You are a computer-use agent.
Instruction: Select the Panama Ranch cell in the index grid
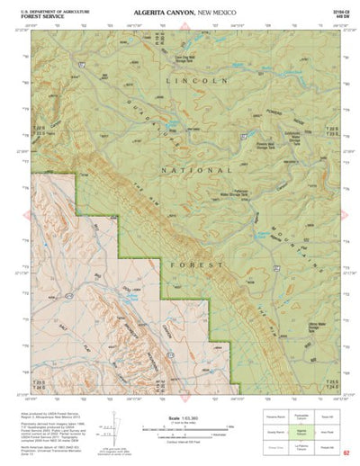274,417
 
